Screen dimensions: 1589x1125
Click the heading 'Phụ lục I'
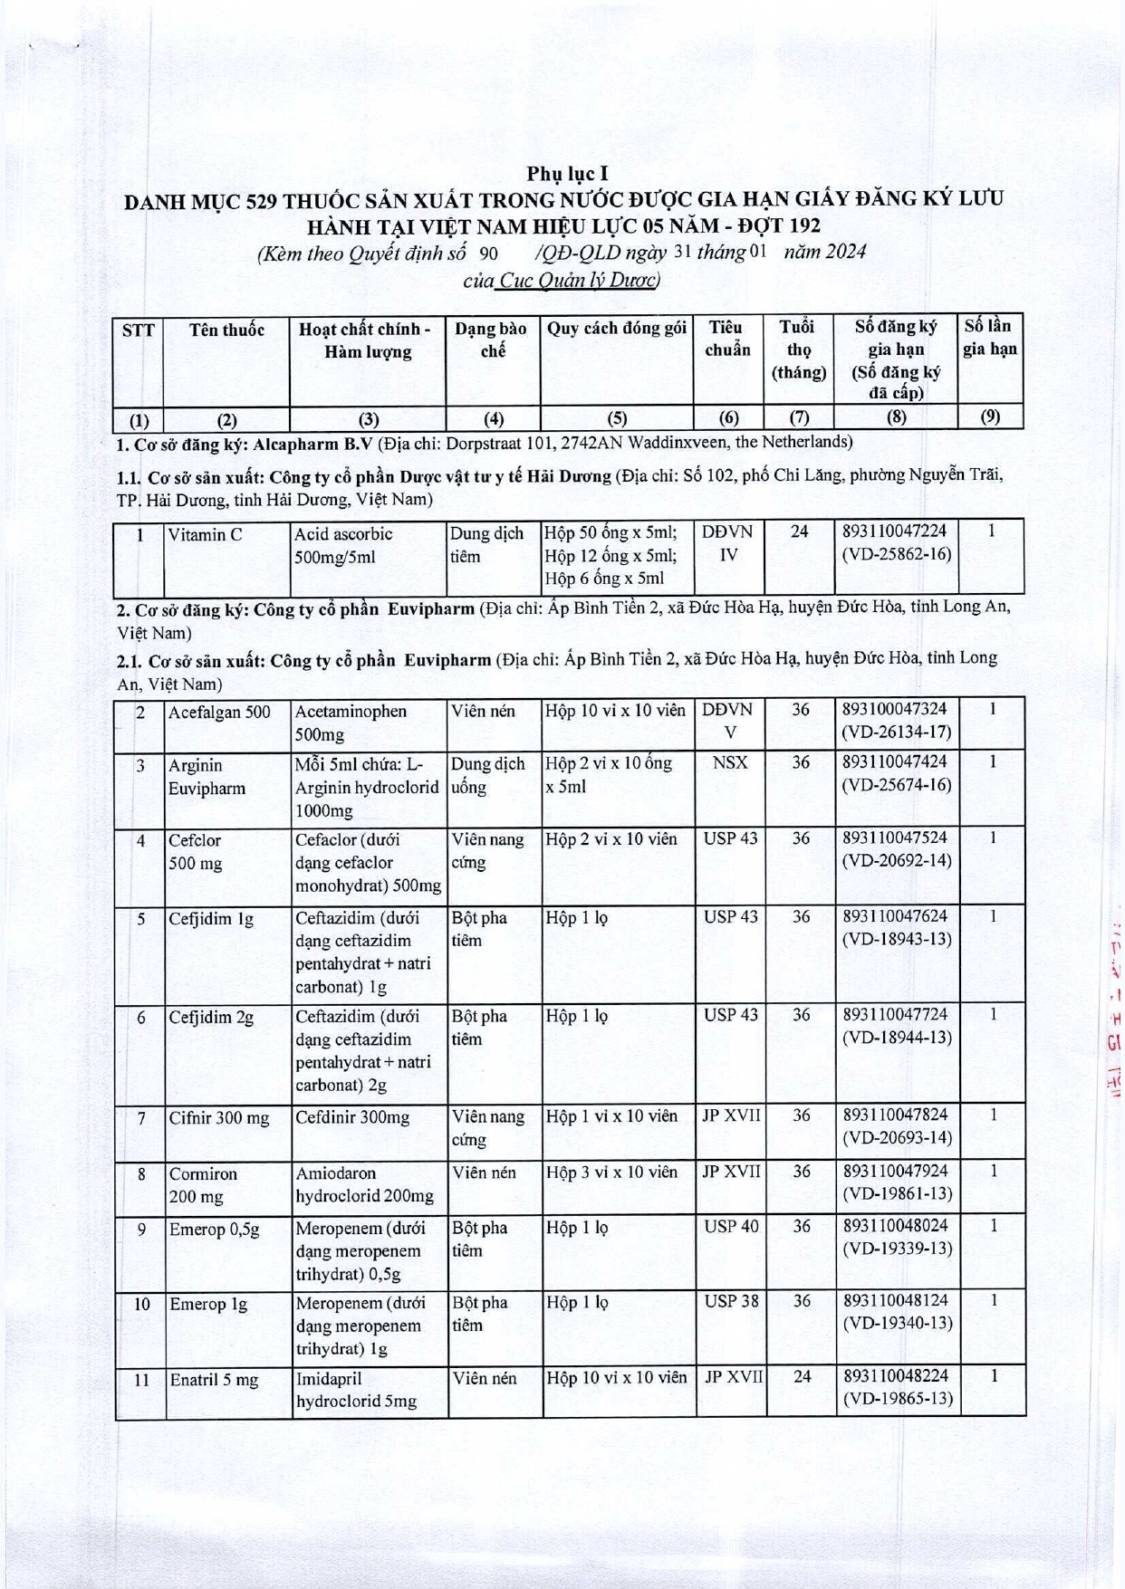click(x=568, y=173)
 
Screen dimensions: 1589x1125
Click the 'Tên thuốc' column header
click(x=226, y=330)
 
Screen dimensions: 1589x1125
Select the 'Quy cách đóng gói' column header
click(x=616, y=328)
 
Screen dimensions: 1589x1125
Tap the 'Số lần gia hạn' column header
click(x=989, y=337)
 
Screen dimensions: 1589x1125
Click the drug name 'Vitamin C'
click(x=205, y=535)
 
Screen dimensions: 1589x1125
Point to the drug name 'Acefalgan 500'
click(x=219, y=713)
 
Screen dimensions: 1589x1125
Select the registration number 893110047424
click(x=895, y=762)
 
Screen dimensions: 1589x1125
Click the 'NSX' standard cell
click(x=729, y=762)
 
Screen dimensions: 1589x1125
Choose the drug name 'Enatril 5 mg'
click(x=214, y=1380)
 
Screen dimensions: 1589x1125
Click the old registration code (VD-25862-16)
click(x=896, y=554)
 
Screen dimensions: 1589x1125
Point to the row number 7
click(x=141, y=1118)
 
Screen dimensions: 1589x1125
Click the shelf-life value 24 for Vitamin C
click(x=799, y=531)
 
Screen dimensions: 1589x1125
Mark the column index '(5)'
click(x=616, y=417)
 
